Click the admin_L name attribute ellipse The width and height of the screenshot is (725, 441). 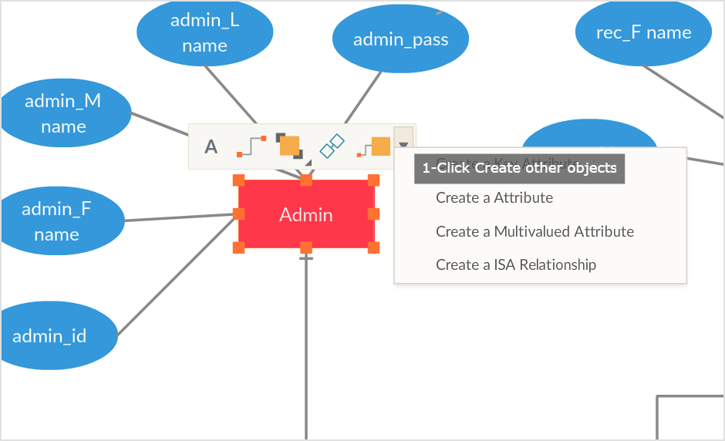click(204, 32)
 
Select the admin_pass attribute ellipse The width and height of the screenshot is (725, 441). click(400, 39)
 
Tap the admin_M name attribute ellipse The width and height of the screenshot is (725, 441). click(63, 113)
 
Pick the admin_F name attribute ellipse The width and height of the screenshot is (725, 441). click(57, 221)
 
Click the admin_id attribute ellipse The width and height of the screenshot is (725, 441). click(50, 336)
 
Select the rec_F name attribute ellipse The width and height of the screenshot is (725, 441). click(643, 32)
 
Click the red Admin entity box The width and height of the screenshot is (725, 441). click(306, 214)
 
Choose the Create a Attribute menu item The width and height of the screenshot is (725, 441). click(494, 198)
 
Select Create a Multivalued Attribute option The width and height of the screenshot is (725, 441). click(534, 231)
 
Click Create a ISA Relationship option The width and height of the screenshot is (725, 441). click(516, 265)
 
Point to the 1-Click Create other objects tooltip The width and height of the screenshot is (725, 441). click(519, 168)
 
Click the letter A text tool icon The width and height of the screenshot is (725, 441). click(211, 146)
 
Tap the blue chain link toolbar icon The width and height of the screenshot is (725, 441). click(332, 146)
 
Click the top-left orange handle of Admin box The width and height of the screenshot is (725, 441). click(239, 180)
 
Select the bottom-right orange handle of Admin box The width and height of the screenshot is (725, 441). click(373, 247)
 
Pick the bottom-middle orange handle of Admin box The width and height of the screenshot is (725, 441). click(306, 247)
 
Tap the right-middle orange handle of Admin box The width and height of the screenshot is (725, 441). click(373, 214)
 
